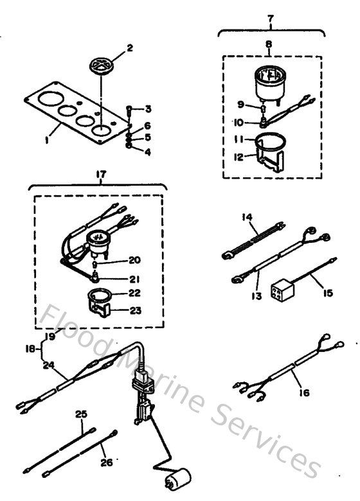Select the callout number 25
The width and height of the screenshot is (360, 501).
(80, 416)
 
